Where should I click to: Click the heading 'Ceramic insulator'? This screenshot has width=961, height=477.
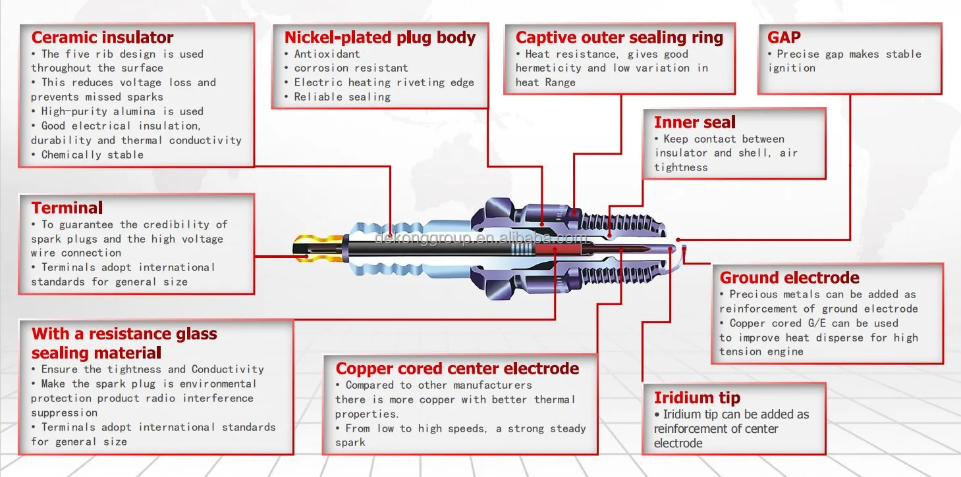(x=102, y=38)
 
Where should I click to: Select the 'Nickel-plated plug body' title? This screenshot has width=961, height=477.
(x=379, y=38)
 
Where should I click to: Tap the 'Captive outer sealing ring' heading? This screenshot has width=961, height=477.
(x=619, y=38)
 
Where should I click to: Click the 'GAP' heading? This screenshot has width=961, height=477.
(x=784, y=38)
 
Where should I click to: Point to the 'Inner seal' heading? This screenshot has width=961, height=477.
(x=694, y=122)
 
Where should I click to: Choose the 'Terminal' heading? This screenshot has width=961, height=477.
(x=67, y=208)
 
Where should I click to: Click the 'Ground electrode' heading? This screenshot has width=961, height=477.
(x=789, y=278)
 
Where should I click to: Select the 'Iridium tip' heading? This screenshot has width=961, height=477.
(x=697, y=397)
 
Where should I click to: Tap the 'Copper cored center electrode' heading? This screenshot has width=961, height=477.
(x=457, y=368)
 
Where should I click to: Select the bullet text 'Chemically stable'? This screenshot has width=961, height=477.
(x=92, y=155)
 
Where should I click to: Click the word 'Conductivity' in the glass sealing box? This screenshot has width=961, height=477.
(x=227, y=369)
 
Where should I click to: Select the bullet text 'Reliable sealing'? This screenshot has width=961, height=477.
(x=342, y=97)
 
